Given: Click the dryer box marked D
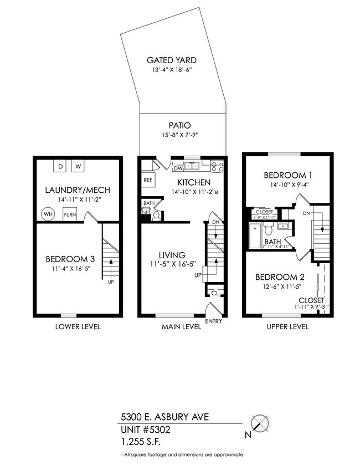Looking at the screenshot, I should (61, 166).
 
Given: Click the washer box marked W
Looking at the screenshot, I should (78, 166).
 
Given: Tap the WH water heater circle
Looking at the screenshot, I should (48, 214).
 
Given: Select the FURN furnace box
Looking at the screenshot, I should (70, 214).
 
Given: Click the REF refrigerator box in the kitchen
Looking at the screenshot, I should (148, 180).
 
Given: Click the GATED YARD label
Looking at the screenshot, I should (171, 60).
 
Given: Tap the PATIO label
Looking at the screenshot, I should (183, 125).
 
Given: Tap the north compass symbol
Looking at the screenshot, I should (259, 424).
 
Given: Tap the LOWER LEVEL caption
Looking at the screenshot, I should (78, 327).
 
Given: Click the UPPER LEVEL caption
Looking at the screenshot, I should (287, 327).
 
